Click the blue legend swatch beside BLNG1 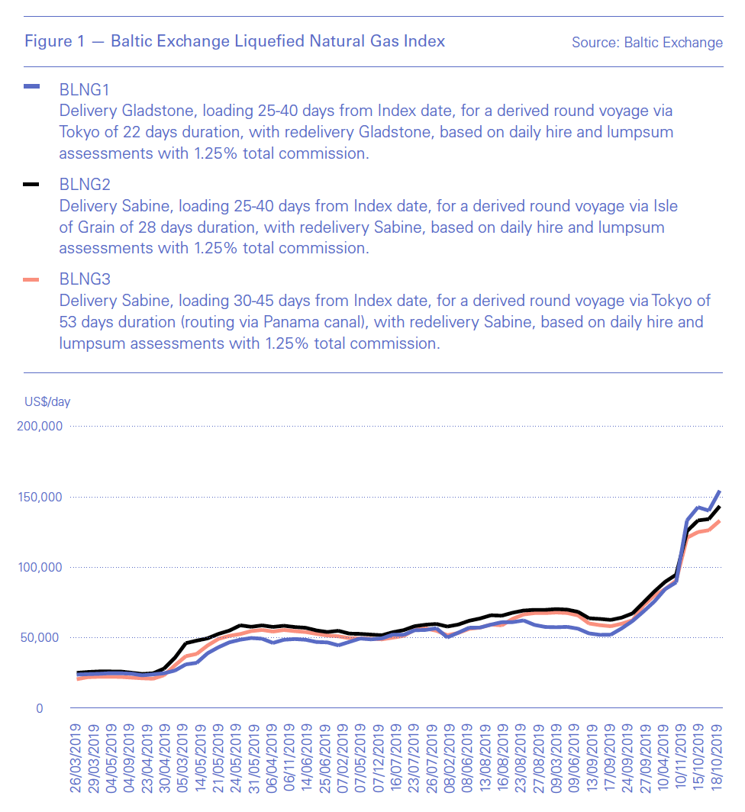(32, 88)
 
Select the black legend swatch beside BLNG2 (32, 185)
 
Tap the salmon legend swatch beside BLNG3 (32, 281)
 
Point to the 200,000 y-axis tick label (39, 426)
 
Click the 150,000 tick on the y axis (39, 497)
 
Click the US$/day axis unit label (47, 401)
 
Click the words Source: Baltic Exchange (647, 43)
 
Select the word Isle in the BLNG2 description (664, 206)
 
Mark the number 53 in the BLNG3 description (69, 323)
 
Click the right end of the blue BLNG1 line (719, 491)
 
